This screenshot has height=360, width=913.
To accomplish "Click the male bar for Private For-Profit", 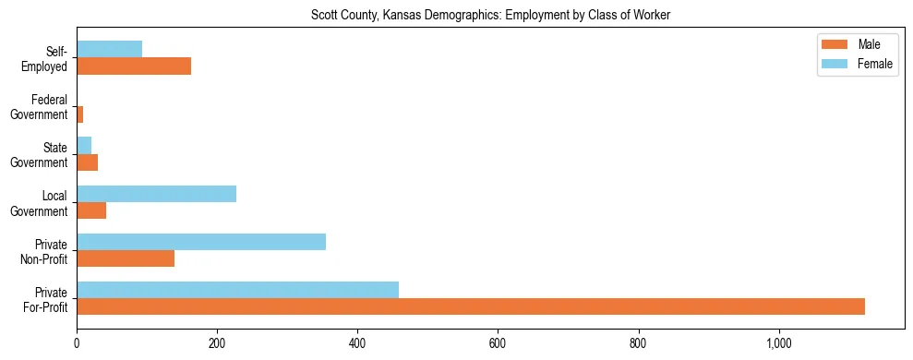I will click(471, 306).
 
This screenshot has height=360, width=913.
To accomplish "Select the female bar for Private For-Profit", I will click(250, 290).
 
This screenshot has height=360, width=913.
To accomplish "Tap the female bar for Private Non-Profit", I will click(201, 242).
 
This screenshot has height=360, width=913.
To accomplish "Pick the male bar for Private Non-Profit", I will click(126, 258).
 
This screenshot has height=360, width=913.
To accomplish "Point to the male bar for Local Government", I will click(91, 210).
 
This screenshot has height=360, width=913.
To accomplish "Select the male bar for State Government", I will click(88, 162).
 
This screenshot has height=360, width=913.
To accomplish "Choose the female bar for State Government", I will click(84, 146).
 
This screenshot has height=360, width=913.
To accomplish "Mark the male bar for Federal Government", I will click(80, 114).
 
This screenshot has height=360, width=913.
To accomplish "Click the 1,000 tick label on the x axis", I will click(779, 343).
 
